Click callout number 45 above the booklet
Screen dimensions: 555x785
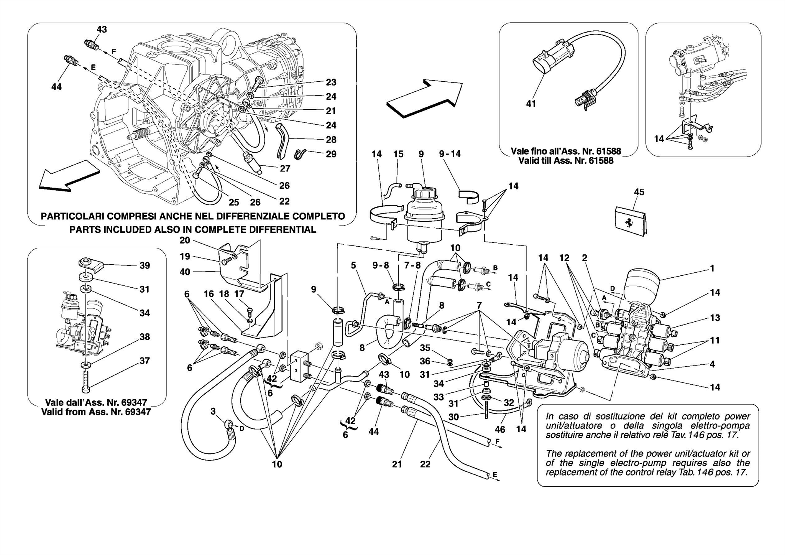pos(639,192)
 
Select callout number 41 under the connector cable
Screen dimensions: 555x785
pos(530,104)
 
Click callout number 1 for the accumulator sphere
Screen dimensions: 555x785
pos(712,268)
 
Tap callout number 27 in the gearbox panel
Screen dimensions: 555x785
pos(285,168)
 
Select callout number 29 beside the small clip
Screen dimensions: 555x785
pos(331,154)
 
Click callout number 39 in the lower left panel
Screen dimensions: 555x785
pos(145,265)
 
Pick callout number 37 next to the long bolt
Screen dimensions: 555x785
pos(145,361)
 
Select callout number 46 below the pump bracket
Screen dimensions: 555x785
pos(500,430)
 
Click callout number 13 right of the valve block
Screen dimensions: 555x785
pos(714,318)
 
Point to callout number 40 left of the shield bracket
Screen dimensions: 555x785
pos(185,272)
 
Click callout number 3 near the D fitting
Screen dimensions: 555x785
pos(213,412)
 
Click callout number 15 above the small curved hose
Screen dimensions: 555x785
pos(398,154)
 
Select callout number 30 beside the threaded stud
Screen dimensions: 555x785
pos(453,417)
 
